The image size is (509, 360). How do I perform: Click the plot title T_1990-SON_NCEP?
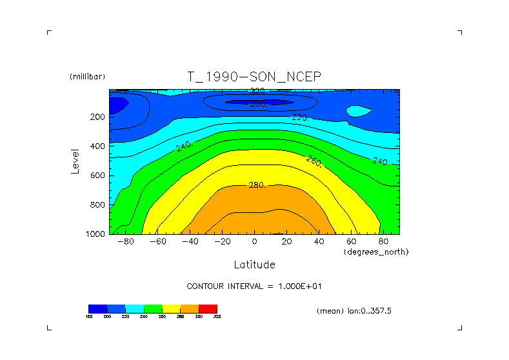tap(254, 77)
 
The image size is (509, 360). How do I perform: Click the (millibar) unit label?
tap(87, 77)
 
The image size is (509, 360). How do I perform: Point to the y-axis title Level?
tap(75, 161)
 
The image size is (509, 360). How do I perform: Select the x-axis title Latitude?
tap(254, 265)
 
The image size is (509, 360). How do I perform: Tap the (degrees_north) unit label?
tap(377, 251)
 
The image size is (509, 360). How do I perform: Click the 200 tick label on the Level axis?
tap(97, 117)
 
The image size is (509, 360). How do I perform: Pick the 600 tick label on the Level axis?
tap(97, 175)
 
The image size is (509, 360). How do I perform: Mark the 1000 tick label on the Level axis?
tap(95, 234)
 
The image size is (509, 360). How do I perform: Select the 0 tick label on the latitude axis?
tap(254, 241)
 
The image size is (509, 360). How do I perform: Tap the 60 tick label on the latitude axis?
tap(351, 241)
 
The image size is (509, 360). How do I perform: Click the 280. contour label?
tap(257, 185)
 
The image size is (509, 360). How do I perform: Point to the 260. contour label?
tap(314, 160)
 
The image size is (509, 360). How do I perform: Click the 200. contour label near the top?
tap(259, 103)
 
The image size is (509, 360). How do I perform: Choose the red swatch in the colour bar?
tap(208, 308)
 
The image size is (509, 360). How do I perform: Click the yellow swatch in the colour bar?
tap(171, 308)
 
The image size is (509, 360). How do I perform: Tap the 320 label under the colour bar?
tap(217, 317)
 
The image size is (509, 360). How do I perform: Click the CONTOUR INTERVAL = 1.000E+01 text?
tap(259, 286)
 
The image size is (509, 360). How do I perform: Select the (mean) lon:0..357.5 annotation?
tap(354, 311)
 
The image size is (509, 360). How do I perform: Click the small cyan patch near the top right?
tap(358, 111)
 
